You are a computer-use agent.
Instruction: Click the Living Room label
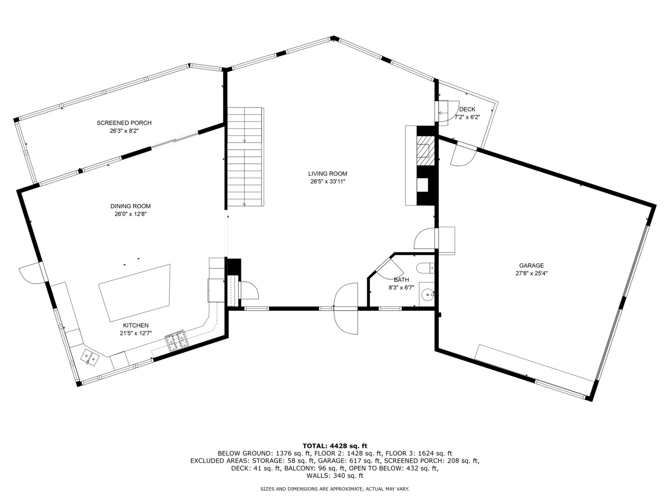(x=328, y=174)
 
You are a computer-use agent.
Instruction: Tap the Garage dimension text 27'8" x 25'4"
(x=531, y=274)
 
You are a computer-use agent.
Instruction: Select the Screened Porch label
(x=124, y=123)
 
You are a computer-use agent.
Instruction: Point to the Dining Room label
(x=130, y=206)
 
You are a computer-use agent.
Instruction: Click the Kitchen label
(x=135, y=326)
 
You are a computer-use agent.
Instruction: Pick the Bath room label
(x=401, y=280)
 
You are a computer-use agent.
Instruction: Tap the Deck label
(x=467, y=109)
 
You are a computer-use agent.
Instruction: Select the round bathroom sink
(x=428, y=294)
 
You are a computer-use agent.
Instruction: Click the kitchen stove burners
(x=177, y=340)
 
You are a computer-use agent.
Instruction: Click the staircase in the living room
(x=244, y=157)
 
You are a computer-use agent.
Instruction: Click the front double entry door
(x=346, y=308)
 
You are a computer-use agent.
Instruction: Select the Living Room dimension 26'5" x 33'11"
(x=328, y=182)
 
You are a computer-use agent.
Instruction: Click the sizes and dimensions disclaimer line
(x=335, y=489)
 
